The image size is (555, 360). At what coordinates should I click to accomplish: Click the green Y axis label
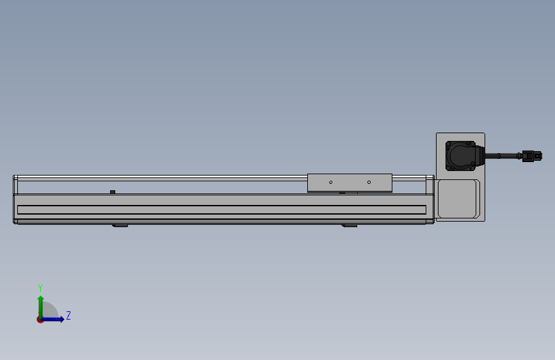[40, 288]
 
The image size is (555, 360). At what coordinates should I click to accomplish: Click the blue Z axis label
[68, 316]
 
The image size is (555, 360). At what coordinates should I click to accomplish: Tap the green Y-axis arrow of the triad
[40, 304]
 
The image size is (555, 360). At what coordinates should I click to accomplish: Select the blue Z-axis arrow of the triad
[55, 319]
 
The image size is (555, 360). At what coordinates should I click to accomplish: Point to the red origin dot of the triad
[40, 320]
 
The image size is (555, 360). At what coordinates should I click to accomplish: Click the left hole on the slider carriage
[331, 183]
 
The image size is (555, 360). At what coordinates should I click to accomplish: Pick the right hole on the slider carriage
[369, 183]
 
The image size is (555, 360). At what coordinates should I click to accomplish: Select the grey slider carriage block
[350, 183]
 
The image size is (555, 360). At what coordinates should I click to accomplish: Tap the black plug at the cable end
[531, 156]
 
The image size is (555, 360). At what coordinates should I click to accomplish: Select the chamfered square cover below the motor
[458, 200]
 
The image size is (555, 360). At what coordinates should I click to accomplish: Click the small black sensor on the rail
[113, 192]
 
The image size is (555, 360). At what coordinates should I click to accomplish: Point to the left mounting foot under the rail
[120, 225]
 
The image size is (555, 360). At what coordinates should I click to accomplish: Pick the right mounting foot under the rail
[349, 225]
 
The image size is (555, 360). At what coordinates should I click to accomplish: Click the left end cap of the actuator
[15, 199]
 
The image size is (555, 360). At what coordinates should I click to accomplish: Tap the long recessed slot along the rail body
[221, 209]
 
